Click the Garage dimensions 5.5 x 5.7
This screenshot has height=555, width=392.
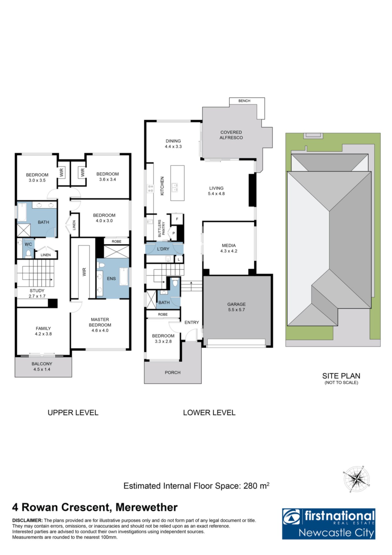[x=236, y=310]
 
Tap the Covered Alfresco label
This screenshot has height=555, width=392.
[x=231, y=135]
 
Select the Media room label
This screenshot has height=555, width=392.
[x=229, y=245]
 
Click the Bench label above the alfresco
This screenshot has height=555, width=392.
[x=244, y=101]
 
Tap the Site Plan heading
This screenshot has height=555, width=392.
[x=341, y=376]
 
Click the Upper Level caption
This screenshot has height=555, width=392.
[x=73, y=412]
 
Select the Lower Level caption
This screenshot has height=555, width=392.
[x=209, y=412]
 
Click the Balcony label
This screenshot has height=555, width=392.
[x=42, y=364]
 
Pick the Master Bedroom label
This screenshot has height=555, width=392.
[x=100, y=322]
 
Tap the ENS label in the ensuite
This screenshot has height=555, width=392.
[x=111, y=279]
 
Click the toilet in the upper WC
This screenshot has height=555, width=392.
[x=28, y=253]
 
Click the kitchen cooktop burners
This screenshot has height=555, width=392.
[x=151, y=188]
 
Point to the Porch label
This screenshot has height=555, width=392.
[x=172, y=373]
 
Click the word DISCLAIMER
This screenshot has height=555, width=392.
[x=27, y=520]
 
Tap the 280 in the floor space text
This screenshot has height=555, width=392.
[x=250, y=486]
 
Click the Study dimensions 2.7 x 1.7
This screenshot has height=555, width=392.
[x=37, y=296]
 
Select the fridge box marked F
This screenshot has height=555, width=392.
[x=177, y=219]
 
